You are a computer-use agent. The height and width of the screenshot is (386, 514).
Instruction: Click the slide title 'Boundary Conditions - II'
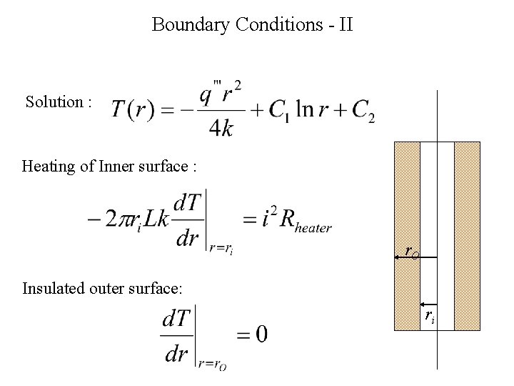pos(253,25)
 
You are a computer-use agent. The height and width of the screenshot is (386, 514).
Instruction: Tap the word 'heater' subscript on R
pos(312,229)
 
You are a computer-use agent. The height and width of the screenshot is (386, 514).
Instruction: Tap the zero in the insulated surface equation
pos(261,334)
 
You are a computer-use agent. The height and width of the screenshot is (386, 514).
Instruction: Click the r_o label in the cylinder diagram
pos(411,252)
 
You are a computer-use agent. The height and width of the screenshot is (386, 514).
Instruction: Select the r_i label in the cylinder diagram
pos(429,315)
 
